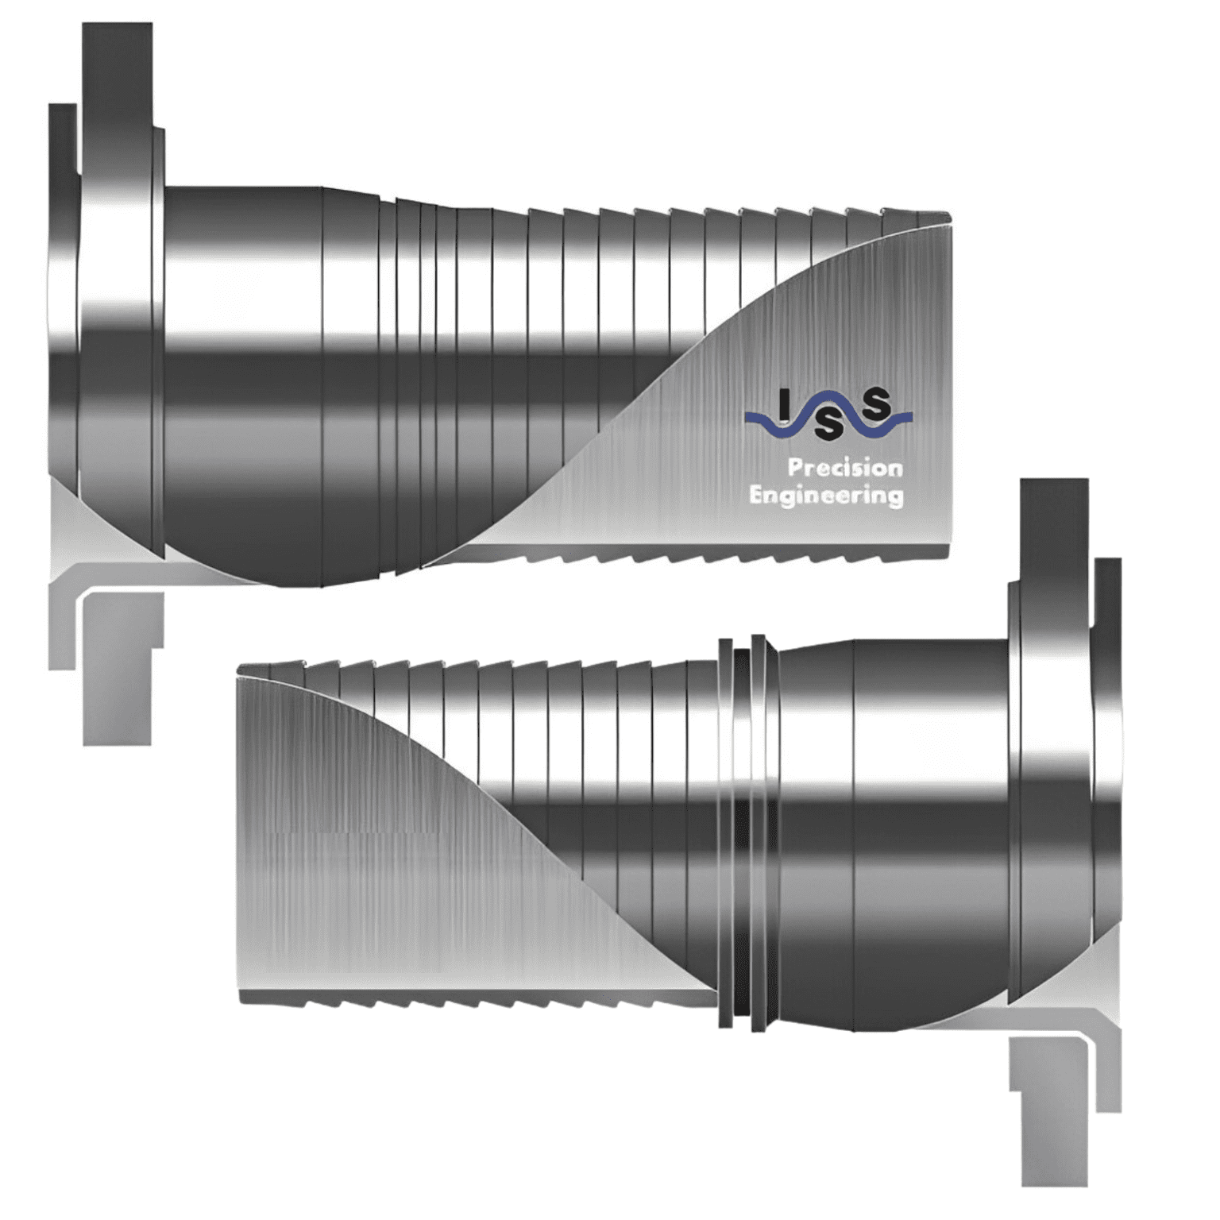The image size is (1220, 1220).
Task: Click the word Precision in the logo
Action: click(844, 468)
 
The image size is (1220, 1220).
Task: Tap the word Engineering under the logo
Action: click(826, 496)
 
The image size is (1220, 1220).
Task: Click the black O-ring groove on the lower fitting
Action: click(742, 834)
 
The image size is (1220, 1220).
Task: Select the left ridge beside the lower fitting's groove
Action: click(724, 834)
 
